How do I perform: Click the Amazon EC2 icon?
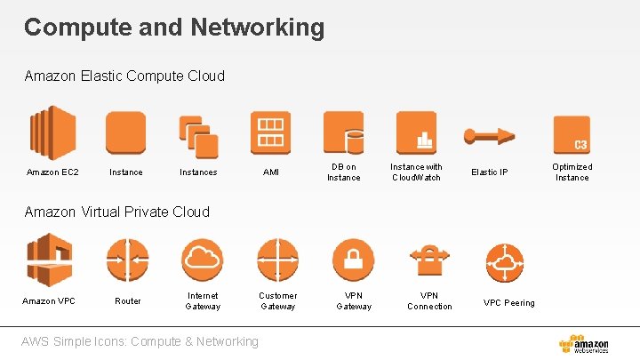53,133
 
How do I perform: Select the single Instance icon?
125,133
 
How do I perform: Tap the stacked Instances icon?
198,133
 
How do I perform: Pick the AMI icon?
270,132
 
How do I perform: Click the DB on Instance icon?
343,132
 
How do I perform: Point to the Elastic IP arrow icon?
489,135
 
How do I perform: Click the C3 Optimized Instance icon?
572,134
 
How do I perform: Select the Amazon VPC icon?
49,260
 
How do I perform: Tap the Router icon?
127,260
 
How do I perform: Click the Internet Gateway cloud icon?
203,260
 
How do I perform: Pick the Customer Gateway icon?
277,260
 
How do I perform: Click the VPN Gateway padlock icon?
353,260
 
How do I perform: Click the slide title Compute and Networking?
174,28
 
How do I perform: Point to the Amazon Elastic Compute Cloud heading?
124,76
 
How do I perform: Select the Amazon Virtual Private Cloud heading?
117,212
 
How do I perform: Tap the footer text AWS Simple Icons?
141,341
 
